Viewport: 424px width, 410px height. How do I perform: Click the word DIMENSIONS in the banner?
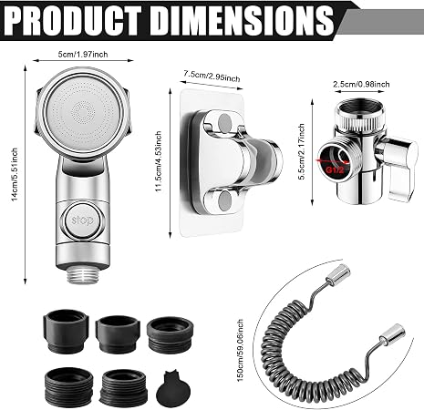pos(243,21)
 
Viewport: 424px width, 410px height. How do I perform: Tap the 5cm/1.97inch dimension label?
pos(83,55)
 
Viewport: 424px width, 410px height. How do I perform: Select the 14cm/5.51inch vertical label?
pos(15,175)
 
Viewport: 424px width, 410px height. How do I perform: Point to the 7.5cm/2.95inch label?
pos(212,77)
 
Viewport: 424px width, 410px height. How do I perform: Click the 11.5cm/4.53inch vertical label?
pos(159,161)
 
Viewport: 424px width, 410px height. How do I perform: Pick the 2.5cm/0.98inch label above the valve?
pos(361,84)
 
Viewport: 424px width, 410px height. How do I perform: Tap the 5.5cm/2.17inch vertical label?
pos(301,151)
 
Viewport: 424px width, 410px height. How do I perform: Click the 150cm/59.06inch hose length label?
pos(240,351)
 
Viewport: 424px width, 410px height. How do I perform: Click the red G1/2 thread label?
pos(335,169)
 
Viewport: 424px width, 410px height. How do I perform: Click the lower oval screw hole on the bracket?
pos(225,200)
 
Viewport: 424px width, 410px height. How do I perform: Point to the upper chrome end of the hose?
pos(338,274)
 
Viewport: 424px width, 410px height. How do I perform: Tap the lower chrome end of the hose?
pos(393,334)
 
